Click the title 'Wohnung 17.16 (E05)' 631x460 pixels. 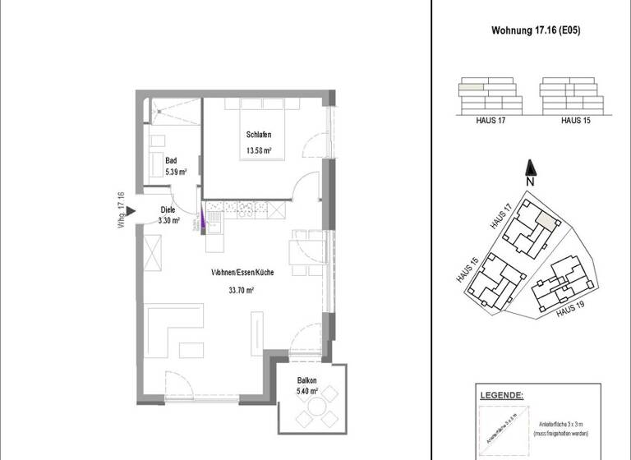(532, 31)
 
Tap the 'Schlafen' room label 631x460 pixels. (258, 135)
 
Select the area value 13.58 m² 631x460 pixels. (258, 150)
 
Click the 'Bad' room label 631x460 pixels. (171, 161)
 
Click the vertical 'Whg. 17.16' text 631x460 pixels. (122, 210)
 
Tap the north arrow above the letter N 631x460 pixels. (531, 167)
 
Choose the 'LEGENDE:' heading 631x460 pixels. (500, 396)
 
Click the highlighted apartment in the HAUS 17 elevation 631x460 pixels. (471, 85)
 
